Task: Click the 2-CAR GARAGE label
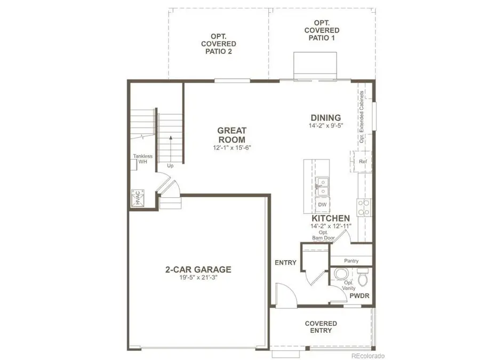click(x=198, y=269)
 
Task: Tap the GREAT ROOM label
click(x=231, y=134)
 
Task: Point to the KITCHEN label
click(x=331, y=218)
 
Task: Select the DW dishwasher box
click(x=322, y=204)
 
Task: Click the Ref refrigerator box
click(x=363, y=161)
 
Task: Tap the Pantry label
click(x=351, y=261)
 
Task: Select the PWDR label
click(x=360, y=295)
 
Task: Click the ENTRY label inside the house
click(x=285, y=262)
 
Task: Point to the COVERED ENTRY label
click(x=321, y=327)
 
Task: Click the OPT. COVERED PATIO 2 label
click(x=219, y=44)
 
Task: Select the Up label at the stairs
click(x=171, y=166)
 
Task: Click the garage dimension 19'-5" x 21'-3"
click(x=198, y=278)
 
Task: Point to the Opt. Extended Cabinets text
click(x=362, y=117)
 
